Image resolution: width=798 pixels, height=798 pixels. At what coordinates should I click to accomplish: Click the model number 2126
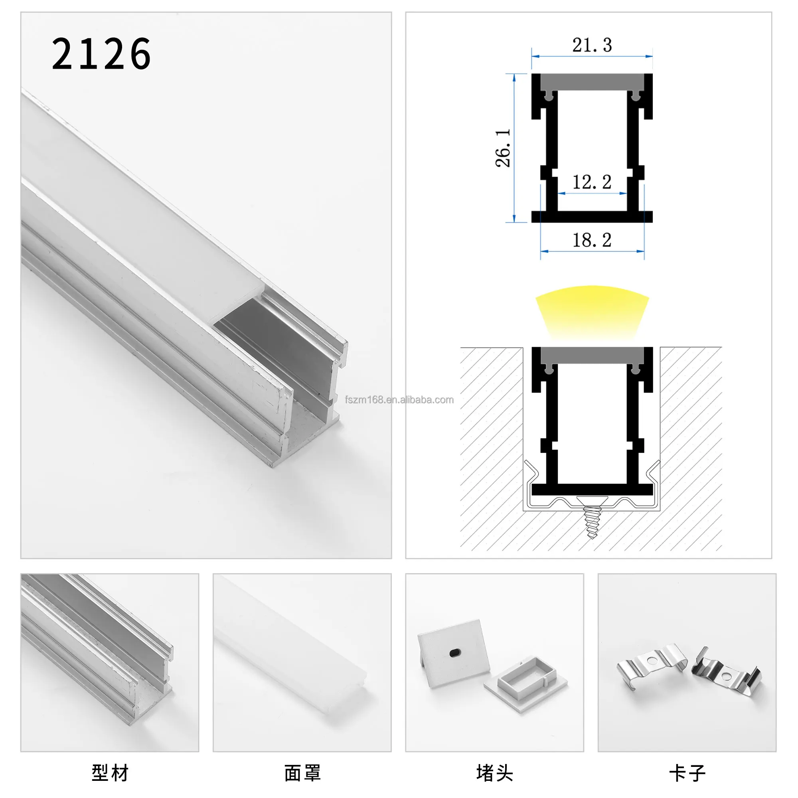[101, 54]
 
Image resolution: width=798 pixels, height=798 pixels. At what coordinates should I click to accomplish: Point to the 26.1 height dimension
[503, 148]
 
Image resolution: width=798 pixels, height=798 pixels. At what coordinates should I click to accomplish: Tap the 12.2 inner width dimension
[591, 182]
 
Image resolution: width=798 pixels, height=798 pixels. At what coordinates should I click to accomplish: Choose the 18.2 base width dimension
[591, 240]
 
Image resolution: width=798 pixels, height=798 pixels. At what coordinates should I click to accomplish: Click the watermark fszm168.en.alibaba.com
[399, 400]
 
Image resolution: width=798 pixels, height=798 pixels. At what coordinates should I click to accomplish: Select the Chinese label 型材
[110, 773]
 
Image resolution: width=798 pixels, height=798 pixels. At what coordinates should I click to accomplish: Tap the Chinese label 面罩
[302, 773]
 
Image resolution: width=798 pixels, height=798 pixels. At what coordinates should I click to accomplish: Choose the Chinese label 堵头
[494, 773]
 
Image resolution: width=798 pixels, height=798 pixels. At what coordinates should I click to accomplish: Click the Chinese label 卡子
[687, 773]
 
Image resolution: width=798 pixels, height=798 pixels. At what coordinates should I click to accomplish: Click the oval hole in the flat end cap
[455, 652]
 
